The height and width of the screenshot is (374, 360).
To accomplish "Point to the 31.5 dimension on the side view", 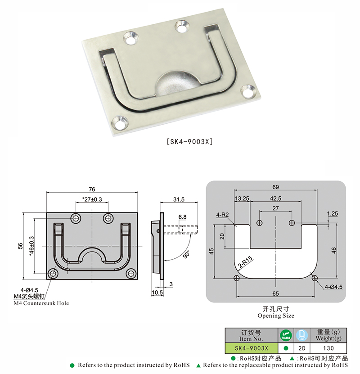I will point(179,199).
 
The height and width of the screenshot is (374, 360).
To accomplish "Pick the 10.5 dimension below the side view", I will point(157,293).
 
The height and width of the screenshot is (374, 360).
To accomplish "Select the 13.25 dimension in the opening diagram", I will point(242,198).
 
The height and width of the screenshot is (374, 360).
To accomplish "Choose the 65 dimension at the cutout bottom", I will point(276,293).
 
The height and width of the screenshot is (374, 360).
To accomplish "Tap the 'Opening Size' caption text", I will point(276,316).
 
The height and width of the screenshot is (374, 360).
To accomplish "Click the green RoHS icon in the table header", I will point(285,336).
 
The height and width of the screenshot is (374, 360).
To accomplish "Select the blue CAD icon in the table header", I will point(302,336).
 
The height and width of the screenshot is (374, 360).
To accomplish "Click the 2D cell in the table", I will point(302,348).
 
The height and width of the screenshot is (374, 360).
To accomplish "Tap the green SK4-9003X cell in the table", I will point(251,348).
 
